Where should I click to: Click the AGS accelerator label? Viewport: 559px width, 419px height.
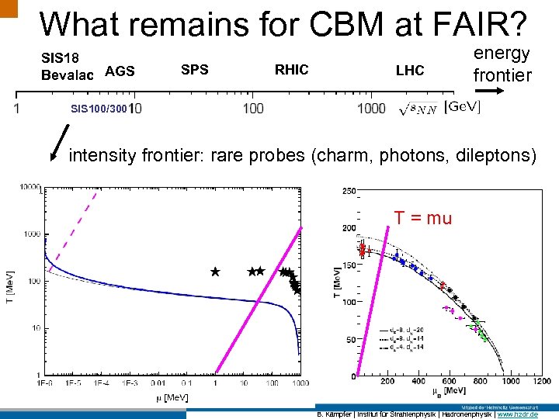[120, 71]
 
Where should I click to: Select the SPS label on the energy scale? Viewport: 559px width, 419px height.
[194, 70]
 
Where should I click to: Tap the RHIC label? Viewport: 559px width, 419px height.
[291, 70]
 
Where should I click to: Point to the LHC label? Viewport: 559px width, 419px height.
[410, 71]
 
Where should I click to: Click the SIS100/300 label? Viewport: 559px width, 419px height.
[98, 108]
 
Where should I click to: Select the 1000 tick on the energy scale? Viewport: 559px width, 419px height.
[372, 108]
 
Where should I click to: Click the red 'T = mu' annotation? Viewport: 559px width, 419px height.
[422, 218]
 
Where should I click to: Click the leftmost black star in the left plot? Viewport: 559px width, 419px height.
[215, 272]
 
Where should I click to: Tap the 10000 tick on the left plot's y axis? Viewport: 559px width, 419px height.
[30, 187]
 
